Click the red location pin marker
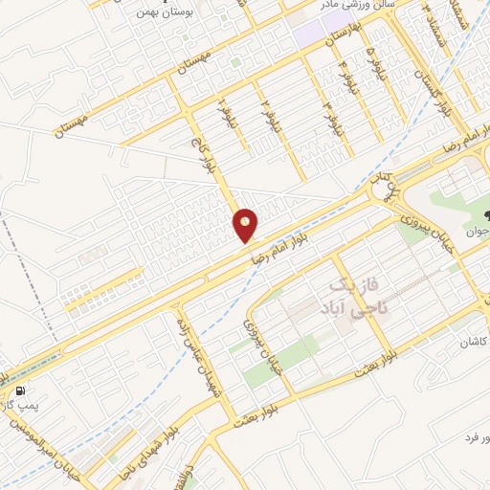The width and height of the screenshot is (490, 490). pyautogui.click(x=246, y=225)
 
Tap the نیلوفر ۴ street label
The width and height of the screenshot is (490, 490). pyautogui.click(x=343, y=69)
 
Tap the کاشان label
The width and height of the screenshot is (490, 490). pyautogui.click(x=470, y=342)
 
